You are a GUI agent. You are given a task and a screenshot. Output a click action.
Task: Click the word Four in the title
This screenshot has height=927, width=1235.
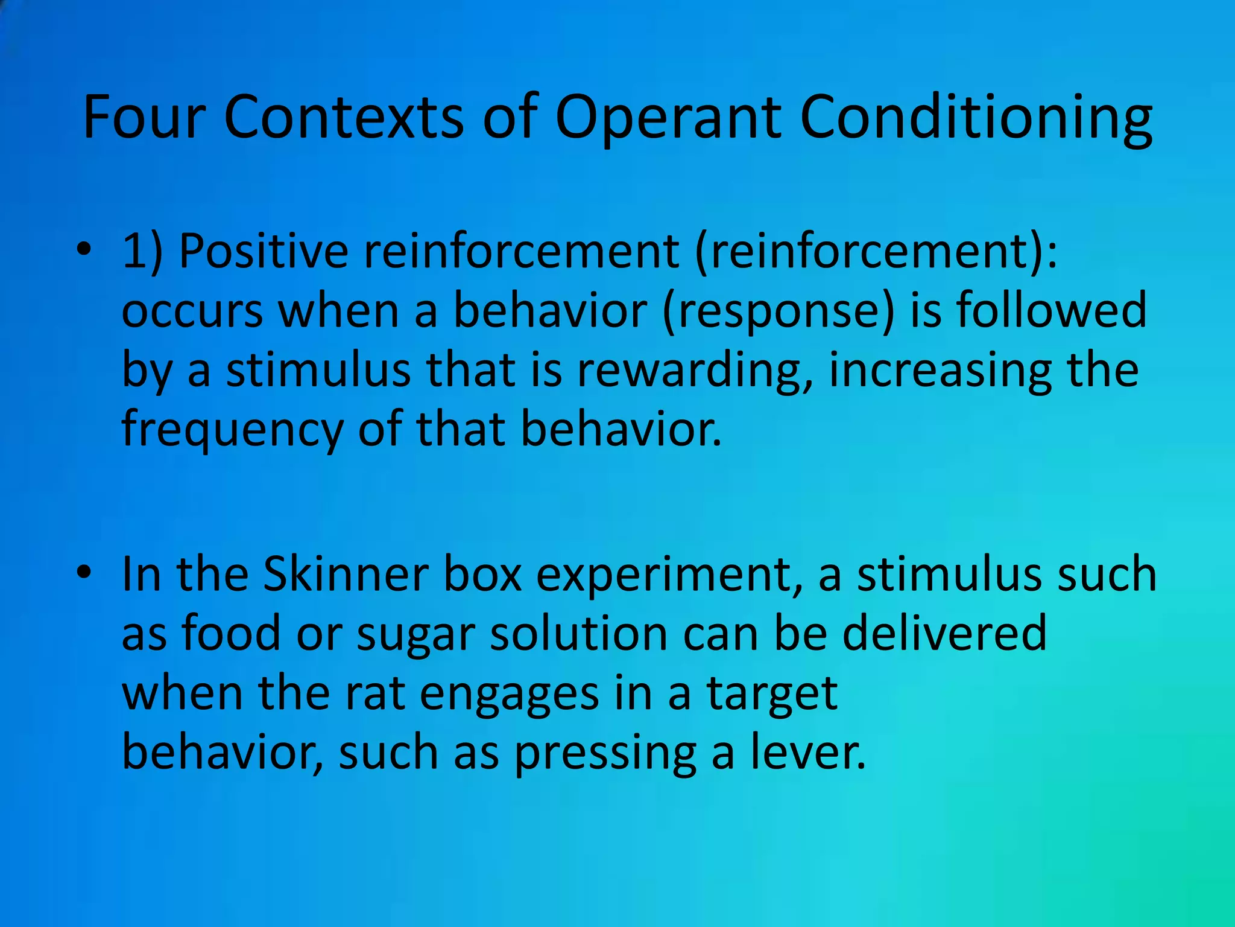144,117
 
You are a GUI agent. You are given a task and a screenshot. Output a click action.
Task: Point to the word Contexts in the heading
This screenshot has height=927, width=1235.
344,117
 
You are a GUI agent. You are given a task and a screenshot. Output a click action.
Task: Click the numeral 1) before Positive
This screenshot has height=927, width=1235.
142,251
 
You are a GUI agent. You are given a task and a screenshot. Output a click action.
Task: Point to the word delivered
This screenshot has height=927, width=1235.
944,634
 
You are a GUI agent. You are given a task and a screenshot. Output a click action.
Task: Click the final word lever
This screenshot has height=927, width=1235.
808,753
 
